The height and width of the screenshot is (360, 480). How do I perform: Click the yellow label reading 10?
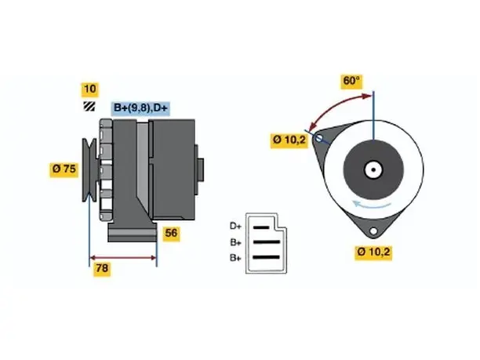pos(89,89)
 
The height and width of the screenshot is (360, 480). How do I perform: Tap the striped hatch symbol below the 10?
pos(89,106)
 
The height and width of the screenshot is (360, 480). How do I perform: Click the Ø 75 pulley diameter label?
pos(64,169)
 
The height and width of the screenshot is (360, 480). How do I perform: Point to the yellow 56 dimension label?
pos(171,234)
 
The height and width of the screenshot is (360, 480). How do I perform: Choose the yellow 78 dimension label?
pos(102,269)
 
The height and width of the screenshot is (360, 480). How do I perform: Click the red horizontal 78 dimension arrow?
pos(123,258)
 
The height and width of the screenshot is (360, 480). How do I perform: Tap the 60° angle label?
pos(351,82)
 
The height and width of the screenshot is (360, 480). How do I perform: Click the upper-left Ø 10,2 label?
pos(289,140)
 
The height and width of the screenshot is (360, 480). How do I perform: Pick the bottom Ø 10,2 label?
pos(373,253)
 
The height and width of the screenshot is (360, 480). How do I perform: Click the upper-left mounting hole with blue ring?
pos(319,138)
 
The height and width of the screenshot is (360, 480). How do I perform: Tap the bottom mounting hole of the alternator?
pos(373,231)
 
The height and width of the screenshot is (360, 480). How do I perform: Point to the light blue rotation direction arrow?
pos(372,205)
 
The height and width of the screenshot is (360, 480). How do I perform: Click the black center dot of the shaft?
pos(373,170)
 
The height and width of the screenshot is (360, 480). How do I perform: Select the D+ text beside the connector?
pos(236,226)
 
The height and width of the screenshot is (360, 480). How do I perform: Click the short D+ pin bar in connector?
pos(261,227)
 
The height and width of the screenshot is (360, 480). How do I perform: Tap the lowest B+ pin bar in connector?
pos(267,257)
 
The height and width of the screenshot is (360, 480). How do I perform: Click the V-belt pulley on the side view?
pos(89,170)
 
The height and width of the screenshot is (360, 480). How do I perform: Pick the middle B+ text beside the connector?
pos(236,243)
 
